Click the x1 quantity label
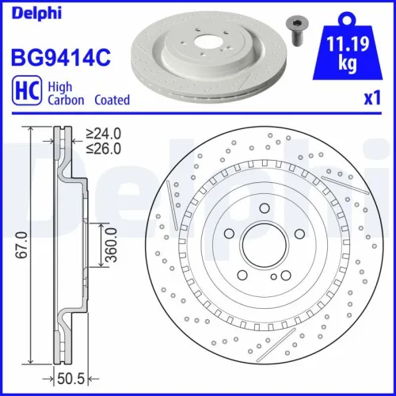(372, 101)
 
